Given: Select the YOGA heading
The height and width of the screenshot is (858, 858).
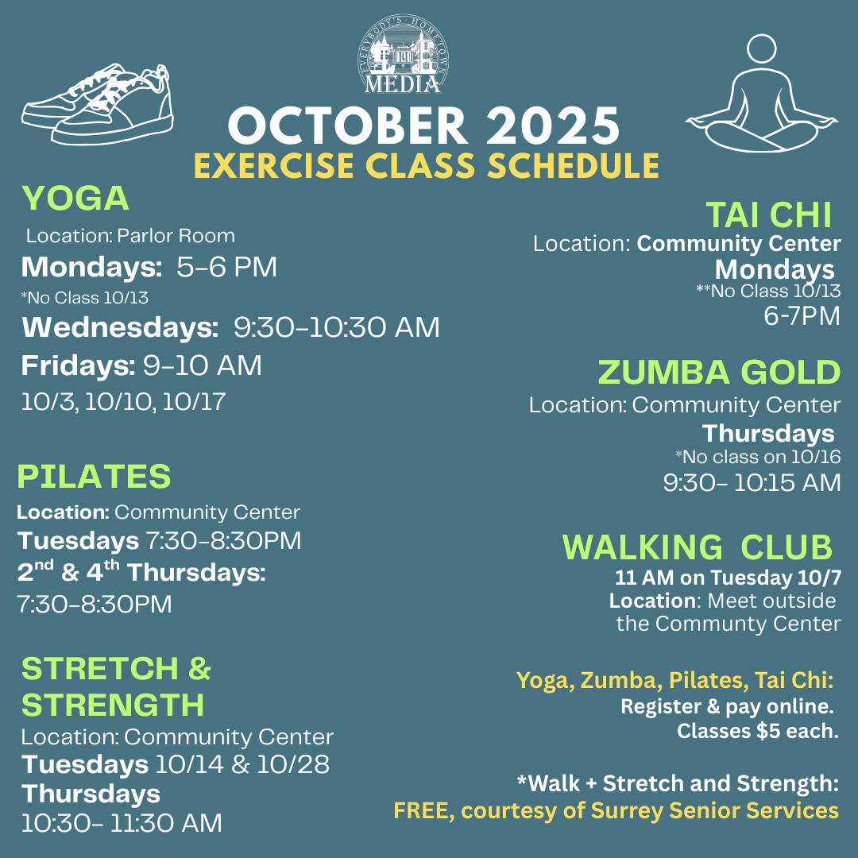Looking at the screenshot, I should [x=75, y=199].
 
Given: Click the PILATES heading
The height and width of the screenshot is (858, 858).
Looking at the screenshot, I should [x=94, y=477].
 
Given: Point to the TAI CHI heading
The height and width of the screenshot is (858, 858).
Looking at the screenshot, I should [x=768, y=214].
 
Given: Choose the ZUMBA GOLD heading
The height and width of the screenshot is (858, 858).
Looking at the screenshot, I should [x=718, y=372].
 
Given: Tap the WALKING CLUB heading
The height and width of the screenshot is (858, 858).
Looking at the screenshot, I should [x=697, y=547].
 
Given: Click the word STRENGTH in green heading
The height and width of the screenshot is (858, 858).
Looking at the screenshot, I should [x=113, y=705].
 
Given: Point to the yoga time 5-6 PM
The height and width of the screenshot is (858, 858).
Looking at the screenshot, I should [x=227, y=268].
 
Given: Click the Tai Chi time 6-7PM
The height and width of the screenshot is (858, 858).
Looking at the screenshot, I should [x=801, y=316].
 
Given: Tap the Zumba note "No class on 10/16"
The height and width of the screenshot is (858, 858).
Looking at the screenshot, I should [x=758, y=457].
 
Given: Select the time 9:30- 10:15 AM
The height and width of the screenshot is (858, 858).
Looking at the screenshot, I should [x=752, y=482].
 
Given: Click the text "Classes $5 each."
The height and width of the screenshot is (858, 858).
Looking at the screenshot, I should [x=757, y=731].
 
